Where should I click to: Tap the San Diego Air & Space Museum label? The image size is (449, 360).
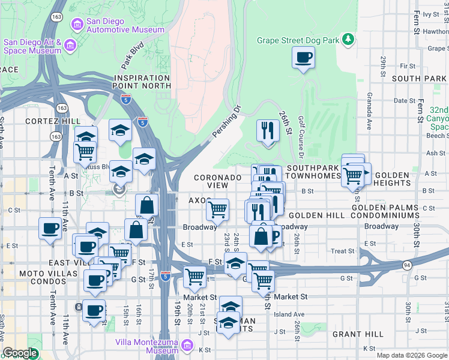(33, 46)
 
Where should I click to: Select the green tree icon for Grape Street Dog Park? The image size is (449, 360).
(348, 40)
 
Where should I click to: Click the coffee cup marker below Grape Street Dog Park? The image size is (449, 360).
(303, 59)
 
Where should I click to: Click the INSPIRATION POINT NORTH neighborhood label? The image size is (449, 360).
(142, 82)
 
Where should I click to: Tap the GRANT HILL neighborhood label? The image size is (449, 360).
(358, 334)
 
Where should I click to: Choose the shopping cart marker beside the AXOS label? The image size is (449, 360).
(217, 209)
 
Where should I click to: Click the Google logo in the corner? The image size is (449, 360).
(20, 353)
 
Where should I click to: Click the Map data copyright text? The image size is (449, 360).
(412, 355)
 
